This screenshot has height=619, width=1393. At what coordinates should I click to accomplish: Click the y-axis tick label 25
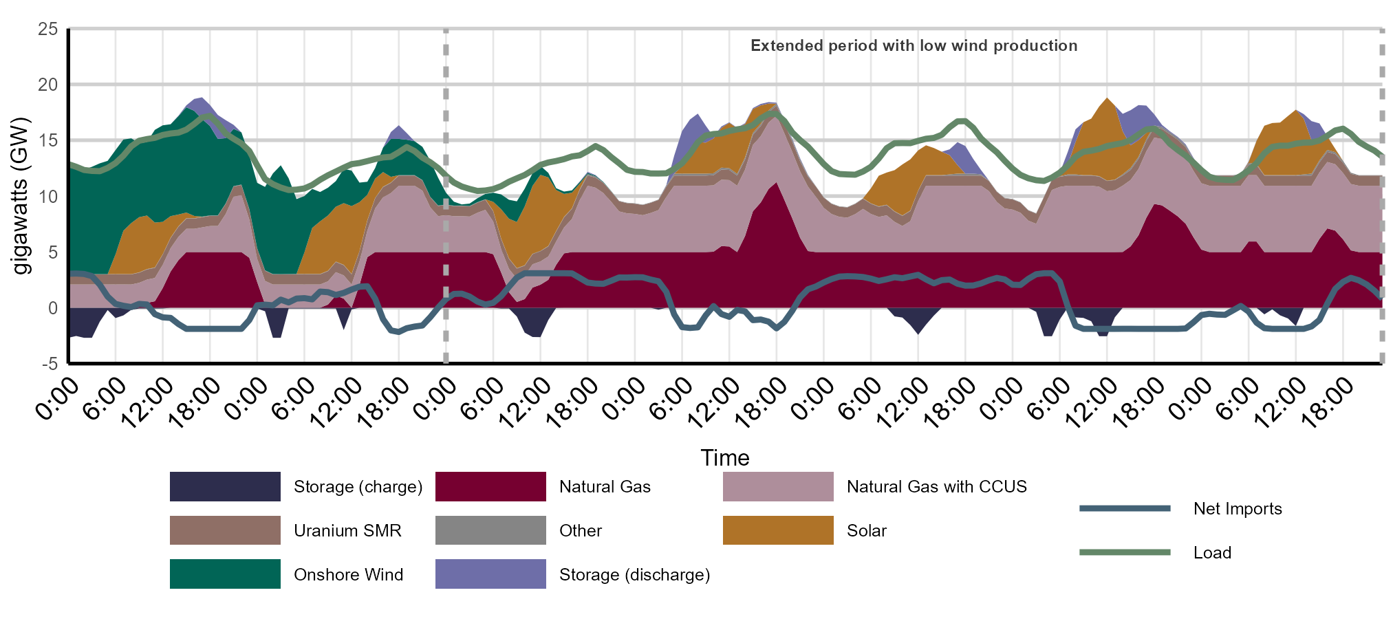48,29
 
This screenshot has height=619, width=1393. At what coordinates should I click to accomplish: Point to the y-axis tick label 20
48,85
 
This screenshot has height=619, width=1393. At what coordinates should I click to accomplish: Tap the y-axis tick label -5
50,364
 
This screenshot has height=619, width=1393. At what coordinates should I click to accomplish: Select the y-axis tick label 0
53,308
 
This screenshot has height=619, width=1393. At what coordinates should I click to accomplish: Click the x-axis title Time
725,458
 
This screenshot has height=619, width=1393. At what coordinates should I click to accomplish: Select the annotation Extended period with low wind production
914,46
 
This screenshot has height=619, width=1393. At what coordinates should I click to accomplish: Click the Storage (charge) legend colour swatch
225,487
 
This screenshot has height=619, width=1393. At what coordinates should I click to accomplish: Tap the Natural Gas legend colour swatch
490,487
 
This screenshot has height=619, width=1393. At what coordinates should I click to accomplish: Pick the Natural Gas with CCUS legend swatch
778,487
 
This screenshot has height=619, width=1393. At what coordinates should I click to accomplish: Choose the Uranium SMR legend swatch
225,530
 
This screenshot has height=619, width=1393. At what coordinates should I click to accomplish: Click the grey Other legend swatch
490,530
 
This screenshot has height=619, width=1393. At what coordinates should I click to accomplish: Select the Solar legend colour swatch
778,530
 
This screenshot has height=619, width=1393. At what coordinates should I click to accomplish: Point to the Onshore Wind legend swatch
225,574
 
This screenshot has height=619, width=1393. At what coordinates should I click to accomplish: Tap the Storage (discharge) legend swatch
490,574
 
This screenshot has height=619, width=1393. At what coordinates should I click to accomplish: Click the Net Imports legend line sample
1125,509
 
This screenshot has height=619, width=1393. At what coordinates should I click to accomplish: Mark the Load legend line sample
1125,552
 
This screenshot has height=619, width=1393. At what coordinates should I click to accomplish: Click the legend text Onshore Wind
348,575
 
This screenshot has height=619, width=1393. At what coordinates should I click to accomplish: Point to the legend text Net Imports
1238,509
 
